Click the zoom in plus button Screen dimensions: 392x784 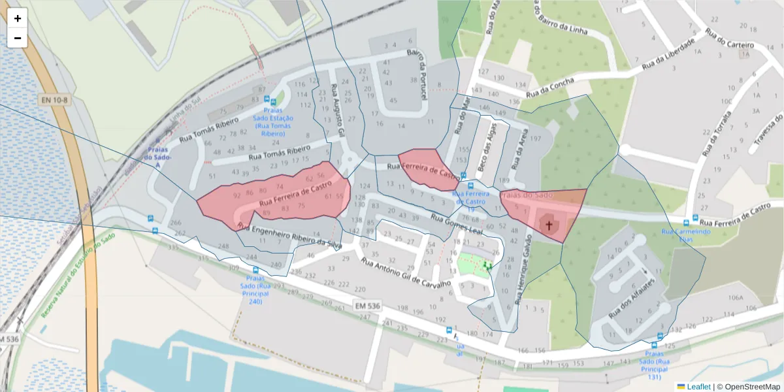tap(18, 18)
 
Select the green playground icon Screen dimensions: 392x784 tap(487, 265)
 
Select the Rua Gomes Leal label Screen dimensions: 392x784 tap(456, 223)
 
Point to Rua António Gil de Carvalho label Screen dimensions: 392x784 tap(406, 274)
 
